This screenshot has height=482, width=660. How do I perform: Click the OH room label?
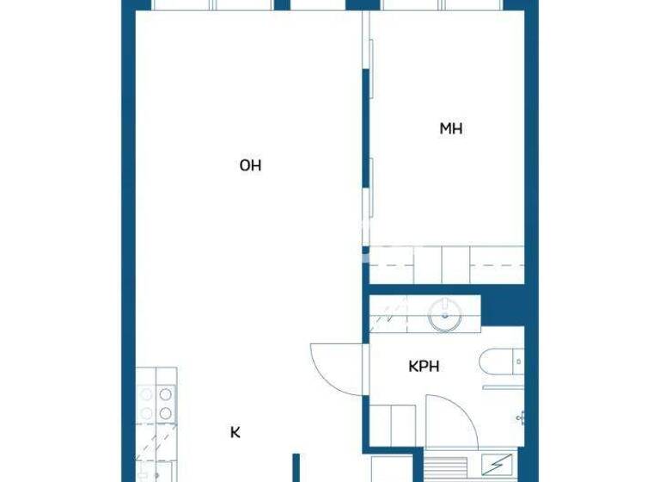(x=250, y=165)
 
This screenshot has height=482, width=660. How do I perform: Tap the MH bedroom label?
(x=451, y=129)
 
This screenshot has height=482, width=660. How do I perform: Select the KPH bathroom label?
(x=424, y=366)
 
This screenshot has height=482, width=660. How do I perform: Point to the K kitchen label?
(x=235, y=433)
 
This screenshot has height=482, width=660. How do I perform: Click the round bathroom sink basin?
(x=444, y=316)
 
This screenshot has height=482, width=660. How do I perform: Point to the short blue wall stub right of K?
(x=296, y=467)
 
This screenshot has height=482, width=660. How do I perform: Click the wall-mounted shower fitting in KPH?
(x=520, y=417)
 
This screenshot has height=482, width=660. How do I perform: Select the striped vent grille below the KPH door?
(x=443, y=469)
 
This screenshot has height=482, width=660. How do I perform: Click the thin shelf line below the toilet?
(x=503, y=387)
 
